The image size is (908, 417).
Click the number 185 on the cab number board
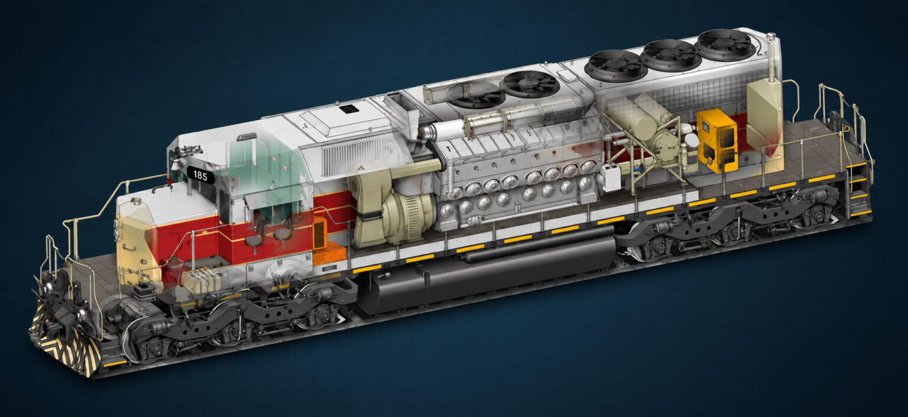200,175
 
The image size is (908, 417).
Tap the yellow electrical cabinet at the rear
716,140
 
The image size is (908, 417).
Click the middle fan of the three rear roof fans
673,55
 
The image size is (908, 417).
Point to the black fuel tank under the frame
487,271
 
